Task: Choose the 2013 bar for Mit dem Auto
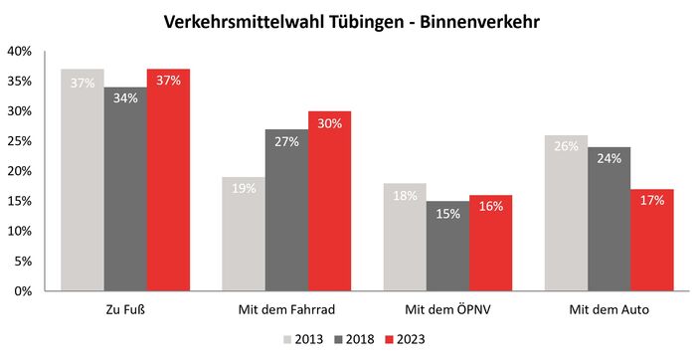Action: click(x=566, y=213)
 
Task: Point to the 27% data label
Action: click(x=286, y=142)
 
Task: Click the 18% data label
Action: click(x=404, y=196)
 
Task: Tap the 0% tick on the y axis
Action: click(x=24, y=291)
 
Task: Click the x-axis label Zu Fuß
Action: click(x=124, y=309)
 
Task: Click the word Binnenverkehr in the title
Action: click(x=475, y=20)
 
